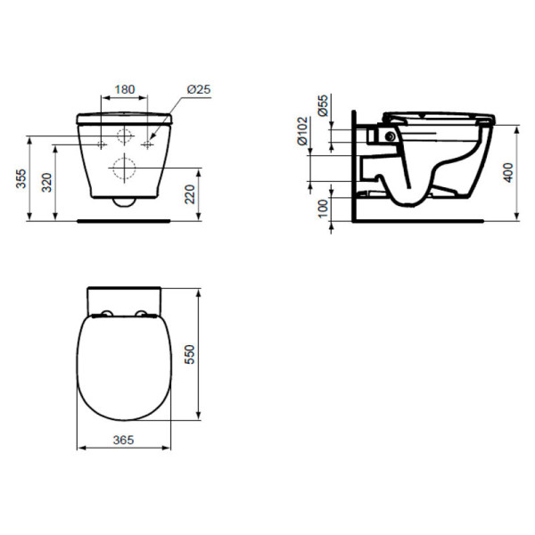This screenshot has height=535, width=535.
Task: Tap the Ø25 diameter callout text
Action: click(x=198, y=89)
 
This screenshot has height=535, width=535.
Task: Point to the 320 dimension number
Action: click(x=46, y=183)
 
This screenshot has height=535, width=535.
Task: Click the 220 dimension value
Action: click(x=188, y=193)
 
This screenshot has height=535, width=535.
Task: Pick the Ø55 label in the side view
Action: click(x=323, y=105)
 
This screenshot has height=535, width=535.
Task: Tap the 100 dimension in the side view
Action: click(x=323, y=206)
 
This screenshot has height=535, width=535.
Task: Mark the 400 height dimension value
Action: click(x=507, y=171)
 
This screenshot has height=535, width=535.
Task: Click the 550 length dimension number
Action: click(x=188, y=355)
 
